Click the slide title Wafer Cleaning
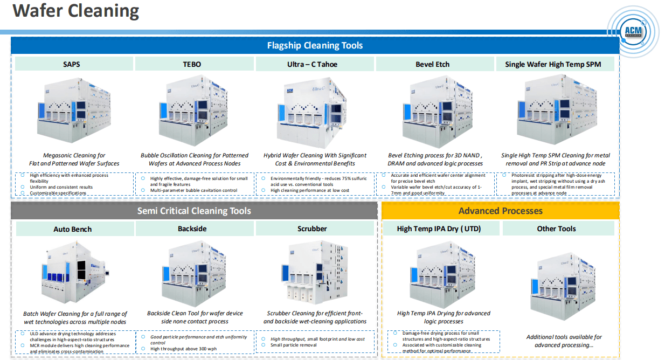pos(76,11)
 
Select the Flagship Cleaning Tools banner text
pos(315,45)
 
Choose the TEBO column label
pos(192,64)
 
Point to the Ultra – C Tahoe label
pos(312,64)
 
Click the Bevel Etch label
pos(432,64)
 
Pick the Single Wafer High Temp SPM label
pos(553,64)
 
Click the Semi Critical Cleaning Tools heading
pos(194,211)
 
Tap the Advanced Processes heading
pos(500,211)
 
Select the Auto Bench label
pos(73,229)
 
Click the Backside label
pos(192,229)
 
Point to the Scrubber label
pos(312,229)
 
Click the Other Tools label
pos(556,229)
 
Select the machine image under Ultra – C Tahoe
pos(313,112)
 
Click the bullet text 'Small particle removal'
pos(293,345)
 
